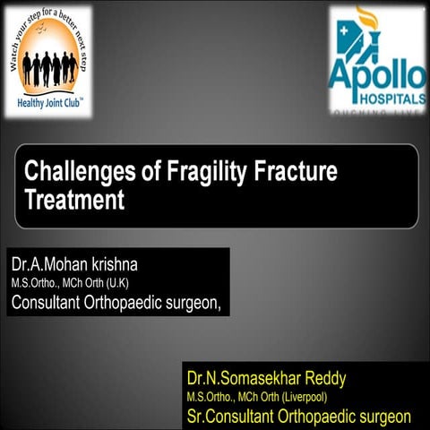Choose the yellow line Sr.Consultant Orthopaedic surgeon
point(299,415)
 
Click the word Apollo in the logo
point(376,74)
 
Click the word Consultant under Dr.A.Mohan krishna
point(46,302)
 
